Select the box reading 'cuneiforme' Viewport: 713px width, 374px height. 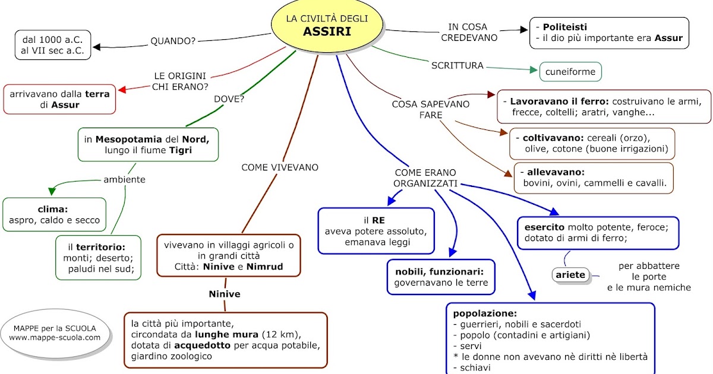570,72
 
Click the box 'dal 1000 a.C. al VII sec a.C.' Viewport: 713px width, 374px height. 53,45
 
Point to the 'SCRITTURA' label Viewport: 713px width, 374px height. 457,65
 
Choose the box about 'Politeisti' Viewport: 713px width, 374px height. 609,33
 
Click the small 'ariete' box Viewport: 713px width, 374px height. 570,275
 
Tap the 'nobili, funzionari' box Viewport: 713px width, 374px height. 440,277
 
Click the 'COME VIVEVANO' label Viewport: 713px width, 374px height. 280,167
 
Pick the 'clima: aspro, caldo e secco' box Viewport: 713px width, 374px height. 55,214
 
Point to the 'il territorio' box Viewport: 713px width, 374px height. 99,258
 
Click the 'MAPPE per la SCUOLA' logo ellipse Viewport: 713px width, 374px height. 55,332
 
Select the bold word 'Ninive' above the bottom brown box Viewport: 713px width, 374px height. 225,294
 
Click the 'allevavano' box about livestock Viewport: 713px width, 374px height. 594,178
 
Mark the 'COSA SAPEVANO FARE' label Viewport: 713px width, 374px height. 430,109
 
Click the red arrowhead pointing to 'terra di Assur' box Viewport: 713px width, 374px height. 122,90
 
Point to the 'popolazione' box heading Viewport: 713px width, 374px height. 485,313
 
